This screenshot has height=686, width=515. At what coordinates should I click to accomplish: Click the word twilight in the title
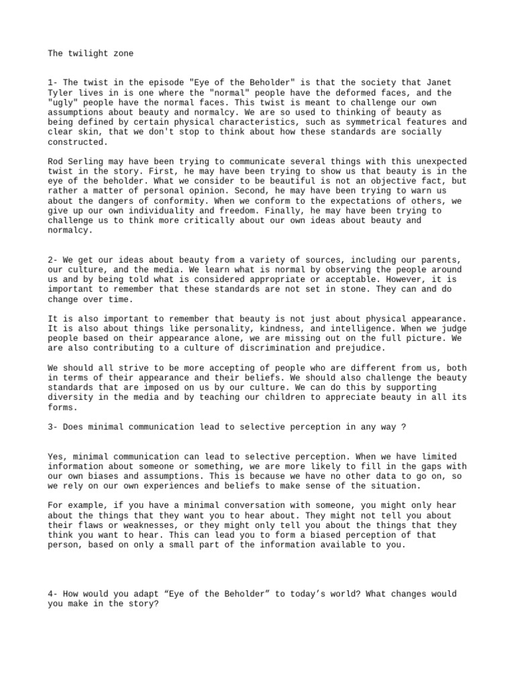tap(88, 53)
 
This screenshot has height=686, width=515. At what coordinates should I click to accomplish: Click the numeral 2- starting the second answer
tap(53, 260)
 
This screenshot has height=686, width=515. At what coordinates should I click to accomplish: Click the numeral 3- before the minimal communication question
tap(53, 427)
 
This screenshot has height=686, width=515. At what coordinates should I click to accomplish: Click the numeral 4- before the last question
tap(53, 594)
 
